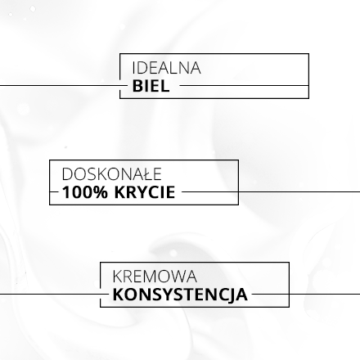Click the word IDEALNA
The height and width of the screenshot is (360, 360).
coord(166,68)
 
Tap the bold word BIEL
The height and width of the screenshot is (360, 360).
coord(151,86)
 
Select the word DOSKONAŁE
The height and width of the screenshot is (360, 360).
coord(112,174)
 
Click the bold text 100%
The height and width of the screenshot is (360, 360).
coord(85,192)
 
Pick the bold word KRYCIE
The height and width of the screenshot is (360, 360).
coord(145,192)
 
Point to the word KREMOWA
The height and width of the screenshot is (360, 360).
coord(155,277)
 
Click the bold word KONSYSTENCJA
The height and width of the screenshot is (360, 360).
coord(180,295)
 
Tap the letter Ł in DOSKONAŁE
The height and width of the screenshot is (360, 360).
coord(142,174)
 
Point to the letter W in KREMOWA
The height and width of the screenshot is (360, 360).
coord(175,277)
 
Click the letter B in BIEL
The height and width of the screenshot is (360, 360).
coord(138,86)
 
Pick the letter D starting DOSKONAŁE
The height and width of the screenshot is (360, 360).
coord(68,174)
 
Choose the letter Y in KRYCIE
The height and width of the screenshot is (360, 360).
coord(138,192)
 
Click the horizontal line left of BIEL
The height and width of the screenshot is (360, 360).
coord(64,85)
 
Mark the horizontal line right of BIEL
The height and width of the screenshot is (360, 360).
coord(245,85)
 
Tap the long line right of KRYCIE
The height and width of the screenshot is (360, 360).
coord(271,191)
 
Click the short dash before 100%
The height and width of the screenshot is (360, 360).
coord(54,191)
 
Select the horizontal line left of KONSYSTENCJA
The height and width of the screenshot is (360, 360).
coord(54,294)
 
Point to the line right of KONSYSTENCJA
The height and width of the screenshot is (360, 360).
coord(306,294)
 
